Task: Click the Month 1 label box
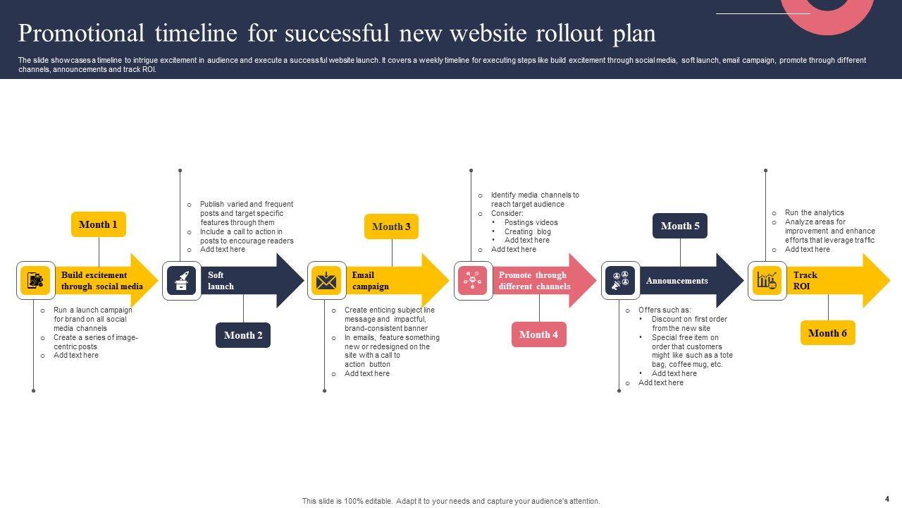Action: [99, 224]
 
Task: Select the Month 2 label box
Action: [243, 335]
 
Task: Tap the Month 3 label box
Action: [391, 226]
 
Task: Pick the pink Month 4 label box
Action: [539, 334]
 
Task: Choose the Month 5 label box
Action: [680, 226]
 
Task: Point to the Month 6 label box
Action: [828, 333]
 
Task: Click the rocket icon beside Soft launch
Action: [182, 281]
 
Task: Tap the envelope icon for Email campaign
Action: [326, 281]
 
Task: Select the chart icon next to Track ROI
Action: [767, 281]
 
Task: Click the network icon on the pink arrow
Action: [473, 281]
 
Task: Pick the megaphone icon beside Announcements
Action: [620, 281]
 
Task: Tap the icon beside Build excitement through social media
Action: [35, 281]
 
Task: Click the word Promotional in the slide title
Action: [81, 33]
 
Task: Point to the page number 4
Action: [887, 499]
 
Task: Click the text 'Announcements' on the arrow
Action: [676, 281]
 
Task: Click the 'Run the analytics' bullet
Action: [814, 212]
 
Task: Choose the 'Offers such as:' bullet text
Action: [665, 310]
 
